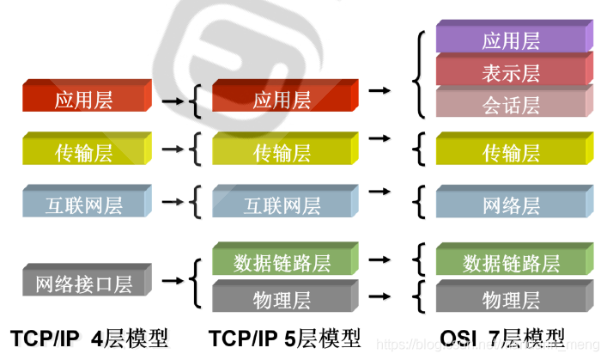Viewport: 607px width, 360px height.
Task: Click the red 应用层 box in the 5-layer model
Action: click(x=282, y=99)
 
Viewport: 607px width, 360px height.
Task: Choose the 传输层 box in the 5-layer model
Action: click(x=282, y=152)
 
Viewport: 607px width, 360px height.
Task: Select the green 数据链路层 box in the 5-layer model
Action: click(x=282, y=260)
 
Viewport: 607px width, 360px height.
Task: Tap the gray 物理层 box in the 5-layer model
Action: click(x=282, y=299)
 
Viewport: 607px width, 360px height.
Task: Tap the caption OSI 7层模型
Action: click(x=502, y=338)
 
